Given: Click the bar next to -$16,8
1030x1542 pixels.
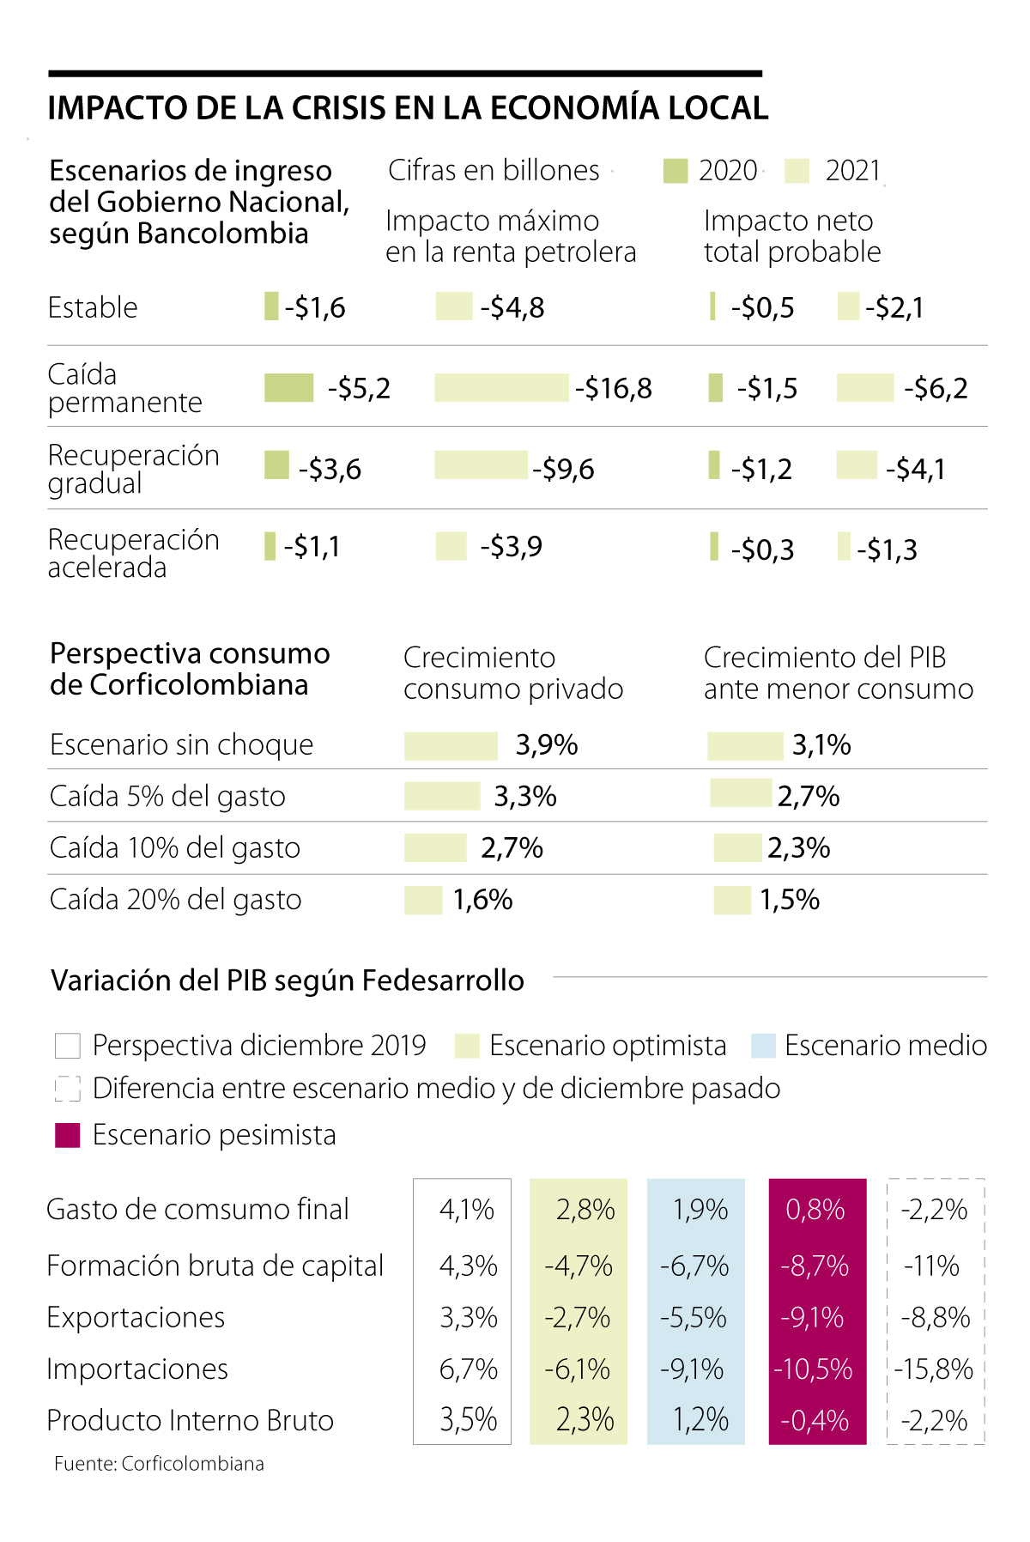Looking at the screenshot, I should click(501, 388).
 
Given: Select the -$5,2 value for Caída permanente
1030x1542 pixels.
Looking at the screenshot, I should click(359, 389).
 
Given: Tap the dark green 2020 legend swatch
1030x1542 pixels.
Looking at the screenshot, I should click(676, 171).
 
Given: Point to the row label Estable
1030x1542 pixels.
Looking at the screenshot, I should click(93, 307).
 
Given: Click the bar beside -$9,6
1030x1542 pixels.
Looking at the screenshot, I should click(481, 465).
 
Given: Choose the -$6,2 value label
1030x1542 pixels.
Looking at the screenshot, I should click(936, 389).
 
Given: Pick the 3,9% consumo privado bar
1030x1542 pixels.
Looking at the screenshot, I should click(451, 745).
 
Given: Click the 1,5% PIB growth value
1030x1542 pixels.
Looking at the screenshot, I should click(790, 900).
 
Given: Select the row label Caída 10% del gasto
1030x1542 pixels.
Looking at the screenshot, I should click(175, 848).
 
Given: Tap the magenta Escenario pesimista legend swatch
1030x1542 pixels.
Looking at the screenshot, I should click(68, 1135).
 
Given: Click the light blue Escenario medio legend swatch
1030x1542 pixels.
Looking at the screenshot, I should click(763, 1046).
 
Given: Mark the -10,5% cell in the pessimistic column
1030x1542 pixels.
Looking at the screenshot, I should click(814, 1369).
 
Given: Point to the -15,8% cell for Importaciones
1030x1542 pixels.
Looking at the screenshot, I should click(934, 1369).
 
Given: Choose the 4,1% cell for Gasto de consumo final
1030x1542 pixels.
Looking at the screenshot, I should click(467, 1210).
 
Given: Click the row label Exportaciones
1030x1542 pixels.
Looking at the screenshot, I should click(136, 1317).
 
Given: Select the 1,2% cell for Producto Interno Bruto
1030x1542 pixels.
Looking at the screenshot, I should click(700, 1420).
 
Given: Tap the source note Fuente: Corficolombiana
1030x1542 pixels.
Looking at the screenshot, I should click(159, 1464).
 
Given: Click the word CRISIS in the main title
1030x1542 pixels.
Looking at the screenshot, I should click(338, 108).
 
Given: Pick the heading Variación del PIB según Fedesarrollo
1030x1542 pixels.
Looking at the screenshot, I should click(288, 980).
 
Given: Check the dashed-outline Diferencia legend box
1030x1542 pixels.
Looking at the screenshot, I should click(68, 1089).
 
